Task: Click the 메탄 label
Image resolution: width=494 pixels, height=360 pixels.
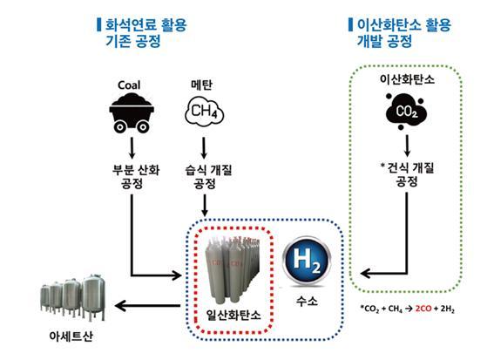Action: [x=202, y=86]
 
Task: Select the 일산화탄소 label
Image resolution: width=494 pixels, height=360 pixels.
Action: [x=230, y=311]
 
